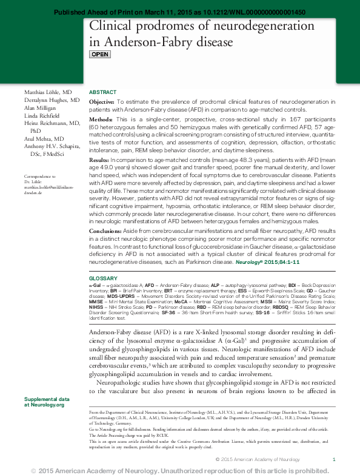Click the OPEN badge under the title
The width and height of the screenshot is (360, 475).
pos(100,55)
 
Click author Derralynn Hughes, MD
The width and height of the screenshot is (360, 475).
pos(52,99)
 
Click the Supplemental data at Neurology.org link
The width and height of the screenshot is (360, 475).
pos(46,402)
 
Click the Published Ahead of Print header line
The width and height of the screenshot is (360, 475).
pos(180,12)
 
